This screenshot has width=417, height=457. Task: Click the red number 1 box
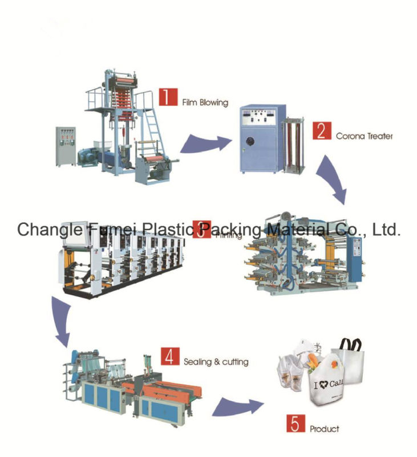pos(167,96)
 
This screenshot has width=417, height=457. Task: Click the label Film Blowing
pos(205,103)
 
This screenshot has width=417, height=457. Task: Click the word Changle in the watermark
pos(50,230)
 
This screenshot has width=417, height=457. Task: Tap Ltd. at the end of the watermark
pos(386,230)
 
